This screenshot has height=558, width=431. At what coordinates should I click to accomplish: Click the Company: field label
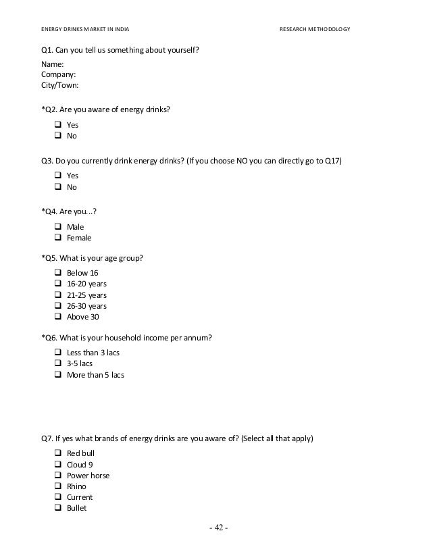(58, 75)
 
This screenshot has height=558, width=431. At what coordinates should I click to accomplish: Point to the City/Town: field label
(60, 86)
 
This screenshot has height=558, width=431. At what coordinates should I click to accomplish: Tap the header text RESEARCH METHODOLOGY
(315, 30)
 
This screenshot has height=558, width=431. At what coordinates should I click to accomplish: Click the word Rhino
(76, 486)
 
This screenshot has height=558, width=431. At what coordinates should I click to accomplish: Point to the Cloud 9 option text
(80, 465)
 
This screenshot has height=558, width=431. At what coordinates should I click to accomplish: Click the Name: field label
(53, 64)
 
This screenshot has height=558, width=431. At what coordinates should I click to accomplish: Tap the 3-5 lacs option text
(80, 363)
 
